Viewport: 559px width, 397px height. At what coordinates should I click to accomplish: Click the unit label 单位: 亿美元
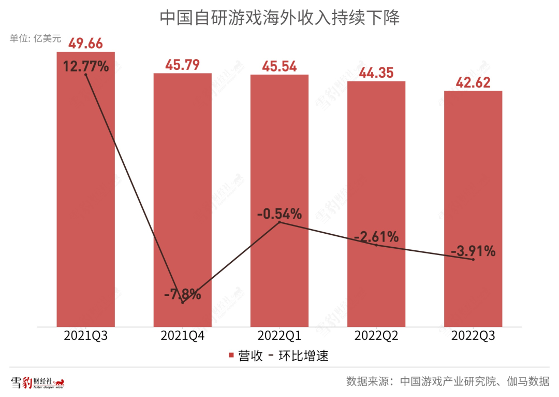click(35, 38)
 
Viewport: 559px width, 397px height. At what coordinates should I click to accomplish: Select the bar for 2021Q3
click(85, 207)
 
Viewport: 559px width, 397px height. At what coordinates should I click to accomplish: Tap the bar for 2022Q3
click(473, 218)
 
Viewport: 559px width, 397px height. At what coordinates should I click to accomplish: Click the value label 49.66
click(85, 44)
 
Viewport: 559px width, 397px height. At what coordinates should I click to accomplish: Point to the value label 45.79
click(182, 65)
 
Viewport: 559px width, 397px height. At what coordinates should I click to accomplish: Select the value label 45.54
click(279, 67)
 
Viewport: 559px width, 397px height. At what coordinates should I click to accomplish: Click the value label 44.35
click(376, 73)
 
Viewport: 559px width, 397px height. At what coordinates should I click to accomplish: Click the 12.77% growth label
click(86, 66)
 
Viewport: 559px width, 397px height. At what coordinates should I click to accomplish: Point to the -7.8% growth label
click(182, 294)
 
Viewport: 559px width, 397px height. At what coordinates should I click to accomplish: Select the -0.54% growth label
click(279, 213)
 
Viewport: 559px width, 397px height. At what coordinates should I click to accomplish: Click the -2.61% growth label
click(376, 237)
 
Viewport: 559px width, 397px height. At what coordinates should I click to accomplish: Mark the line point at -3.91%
click(473, 259)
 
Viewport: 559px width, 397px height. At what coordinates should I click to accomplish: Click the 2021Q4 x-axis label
click(182, 336)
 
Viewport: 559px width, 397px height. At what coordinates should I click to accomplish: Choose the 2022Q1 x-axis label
click(279, 336)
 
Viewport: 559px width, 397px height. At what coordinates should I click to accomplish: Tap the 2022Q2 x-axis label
click(376, 336)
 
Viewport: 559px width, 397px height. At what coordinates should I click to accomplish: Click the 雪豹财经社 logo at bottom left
click(38, 383)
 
